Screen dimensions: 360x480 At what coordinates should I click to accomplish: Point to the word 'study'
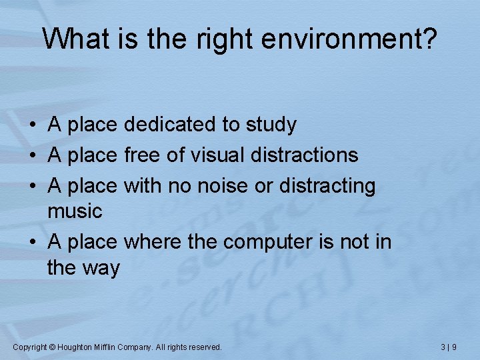(x=271, y=125)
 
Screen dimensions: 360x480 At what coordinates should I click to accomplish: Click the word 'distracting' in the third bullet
(x=327, y=186)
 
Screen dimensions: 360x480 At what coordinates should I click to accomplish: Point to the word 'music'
(x=75, y=212)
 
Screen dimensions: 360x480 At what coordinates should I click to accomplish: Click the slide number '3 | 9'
(x=449, y=347)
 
